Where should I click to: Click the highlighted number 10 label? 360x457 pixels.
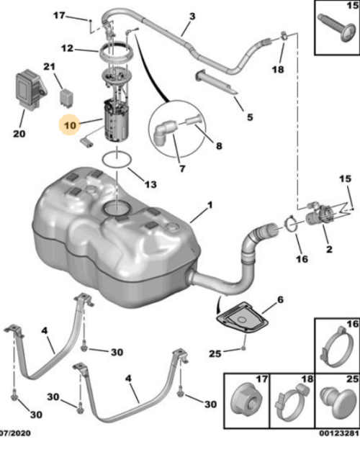pos(69,124)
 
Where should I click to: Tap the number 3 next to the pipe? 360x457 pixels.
pos(192,16)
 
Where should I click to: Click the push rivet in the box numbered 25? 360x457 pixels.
pos(337,398)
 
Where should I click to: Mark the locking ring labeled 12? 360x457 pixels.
pos(112,52)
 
